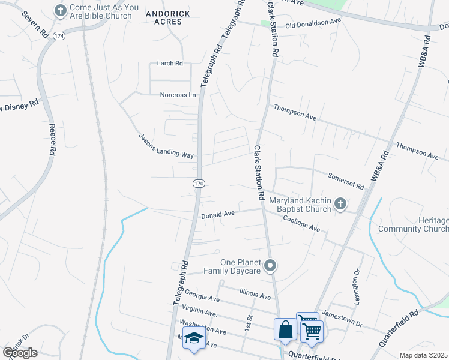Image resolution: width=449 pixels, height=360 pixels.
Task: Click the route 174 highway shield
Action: coord(59,36)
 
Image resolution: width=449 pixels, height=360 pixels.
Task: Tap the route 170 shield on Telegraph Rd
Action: coord(198,182)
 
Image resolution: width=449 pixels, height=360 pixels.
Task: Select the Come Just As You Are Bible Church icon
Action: coord(60,10)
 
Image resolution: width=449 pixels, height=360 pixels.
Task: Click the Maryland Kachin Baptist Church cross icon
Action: coord(340,205)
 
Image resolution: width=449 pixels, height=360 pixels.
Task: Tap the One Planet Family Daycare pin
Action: coord(271,265)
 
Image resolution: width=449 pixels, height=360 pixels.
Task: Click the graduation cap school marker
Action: coord(194,340)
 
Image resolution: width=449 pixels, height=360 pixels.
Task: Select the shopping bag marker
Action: coord(285,329)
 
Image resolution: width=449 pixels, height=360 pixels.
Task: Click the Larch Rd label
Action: coord(170,63)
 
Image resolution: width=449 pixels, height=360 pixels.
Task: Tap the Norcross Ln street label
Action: coord(178,95)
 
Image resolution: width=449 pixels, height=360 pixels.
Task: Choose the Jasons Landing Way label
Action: coord(166,146)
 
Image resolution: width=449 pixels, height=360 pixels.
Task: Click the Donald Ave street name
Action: coord(218,214)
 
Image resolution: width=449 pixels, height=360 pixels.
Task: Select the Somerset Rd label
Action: coord(346,181)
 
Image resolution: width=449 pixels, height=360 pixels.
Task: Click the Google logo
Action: coord(20,353)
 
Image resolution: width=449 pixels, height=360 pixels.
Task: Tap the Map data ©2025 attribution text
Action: coord(423,355)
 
